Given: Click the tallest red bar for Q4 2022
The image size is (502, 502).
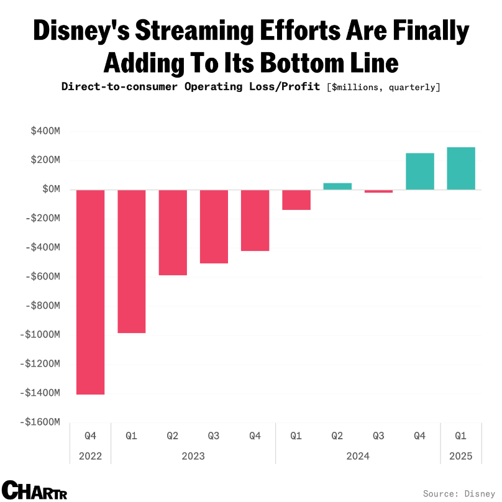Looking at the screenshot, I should click(x=90, y=292).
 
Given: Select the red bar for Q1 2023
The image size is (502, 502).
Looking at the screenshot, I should click(x=132, y=261).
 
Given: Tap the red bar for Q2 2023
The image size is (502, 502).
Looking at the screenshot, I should click(x=173, y=232).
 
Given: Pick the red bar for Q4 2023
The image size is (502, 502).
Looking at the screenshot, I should click(x=255, y=220).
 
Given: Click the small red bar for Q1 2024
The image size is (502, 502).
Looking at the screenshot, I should click(x=296, y=199).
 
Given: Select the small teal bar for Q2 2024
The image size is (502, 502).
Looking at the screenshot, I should click(x=337, y=186).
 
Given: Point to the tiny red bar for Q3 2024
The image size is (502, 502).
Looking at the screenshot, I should click(x=378, y=191).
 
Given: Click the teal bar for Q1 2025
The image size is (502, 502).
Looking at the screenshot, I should click(x=461, y=168).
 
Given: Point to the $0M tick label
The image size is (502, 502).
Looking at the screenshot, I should click(x=51, y=189).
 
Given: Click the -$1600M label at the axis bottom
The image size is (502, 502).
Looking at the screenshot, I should click(x=39, y=421).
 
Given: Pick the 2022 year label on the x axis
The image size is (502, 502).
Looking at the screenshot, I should click(x=90, y=456).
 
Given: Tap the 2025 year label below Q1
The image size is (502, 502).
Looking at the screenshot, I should click(x=461, y=456).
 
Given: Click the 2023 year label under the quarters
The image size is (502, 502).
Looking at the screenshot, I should click(x=193, y=456).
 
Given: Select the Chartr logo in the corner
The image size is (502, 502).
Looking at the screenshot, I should click(x=34, y=490).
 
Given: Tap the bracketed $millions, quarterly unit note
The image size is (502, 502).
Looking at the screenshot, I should click(x=383, y=86).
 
